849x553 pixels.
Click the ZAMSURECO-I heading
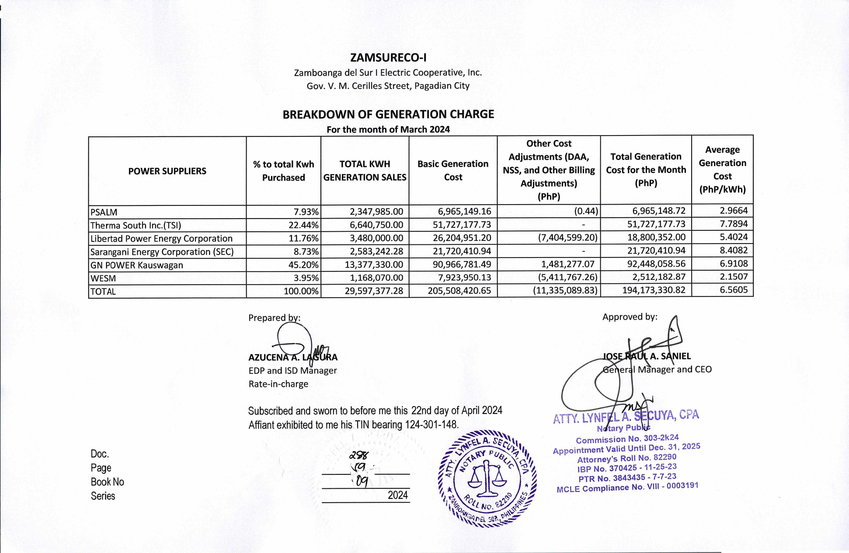click(388, 58)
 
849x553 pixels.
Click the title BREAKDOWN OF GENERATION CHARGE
click(388, 115)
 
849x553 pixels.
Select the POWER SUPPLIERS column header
click(167, 171)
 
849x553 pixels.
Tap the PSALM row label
click(104, 212)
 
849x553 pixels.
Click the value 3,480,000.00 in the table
click(376, 238)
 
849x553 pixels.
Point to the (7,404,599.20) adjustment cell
click(567, 238)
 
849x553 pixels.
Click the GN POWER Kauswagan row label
click(136, 265)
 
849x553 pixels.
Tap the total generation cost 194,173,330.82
click(654, 290)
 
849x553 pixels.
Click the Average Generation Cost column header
click(722, 170)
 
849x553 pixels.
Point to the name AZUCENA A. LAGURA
click(293, 357)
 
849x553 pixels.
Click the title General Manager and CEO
click(657, 369)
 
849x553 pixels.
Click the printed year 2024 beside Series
click(397, 495)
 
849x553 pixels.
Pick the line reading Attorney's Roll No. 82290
click(626, 459)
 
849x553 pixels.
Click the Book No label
click(108, 482)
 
